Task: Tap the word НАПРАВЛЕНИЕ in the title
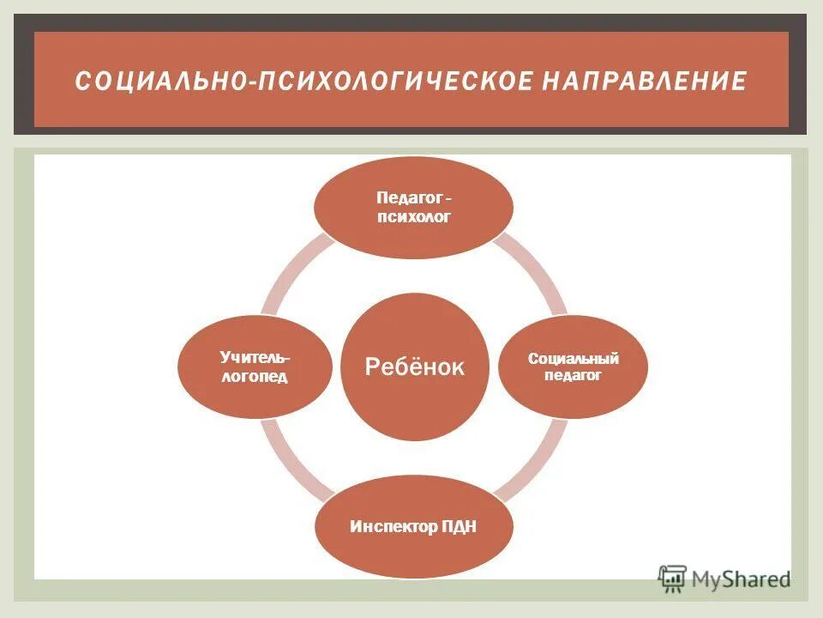click(x=644, y=82)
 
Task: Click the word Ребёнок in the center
click(x=415, y=367)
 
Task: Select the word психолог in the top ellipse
click(x=413, y=217)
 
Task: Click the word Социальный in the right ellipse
click(x=574, y=359)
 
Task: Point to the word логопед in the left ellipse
click(x=255, y=378)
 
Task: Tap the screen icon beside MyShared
click(x=672, y=579)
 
